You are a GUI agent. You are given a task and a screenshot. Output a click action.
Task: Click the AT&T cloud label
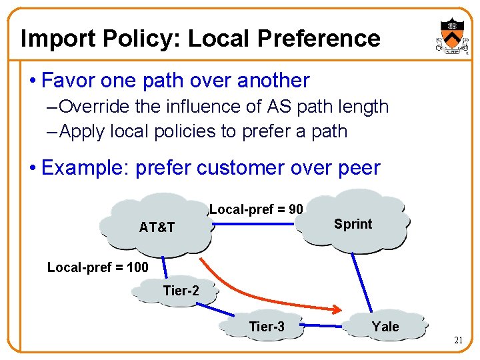pos(157,227)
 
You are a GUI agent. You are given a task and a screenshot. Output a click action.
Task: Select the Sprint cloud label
pos(353,224)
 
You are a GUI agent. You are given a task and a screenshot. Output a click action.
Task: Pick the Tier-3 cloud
pos(266,326)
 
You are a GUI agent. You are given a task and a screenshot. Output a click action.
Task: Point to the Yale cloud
pos(385,326)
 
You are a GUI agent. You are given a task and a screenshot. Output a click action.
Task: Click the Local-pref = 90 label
pos(256,209)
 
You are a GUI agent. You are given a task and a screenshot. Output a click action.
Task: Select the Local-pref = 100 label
pos(97,268)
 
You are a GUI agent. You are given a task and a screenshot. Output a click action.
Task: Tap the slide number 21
pos(459,341)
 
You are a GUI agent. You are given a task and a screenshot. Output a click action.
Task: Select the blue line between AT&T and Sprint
pos(260,223)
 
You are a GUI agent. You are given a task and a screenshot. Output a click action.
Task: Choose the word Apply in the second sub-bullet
pos(81,131)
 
